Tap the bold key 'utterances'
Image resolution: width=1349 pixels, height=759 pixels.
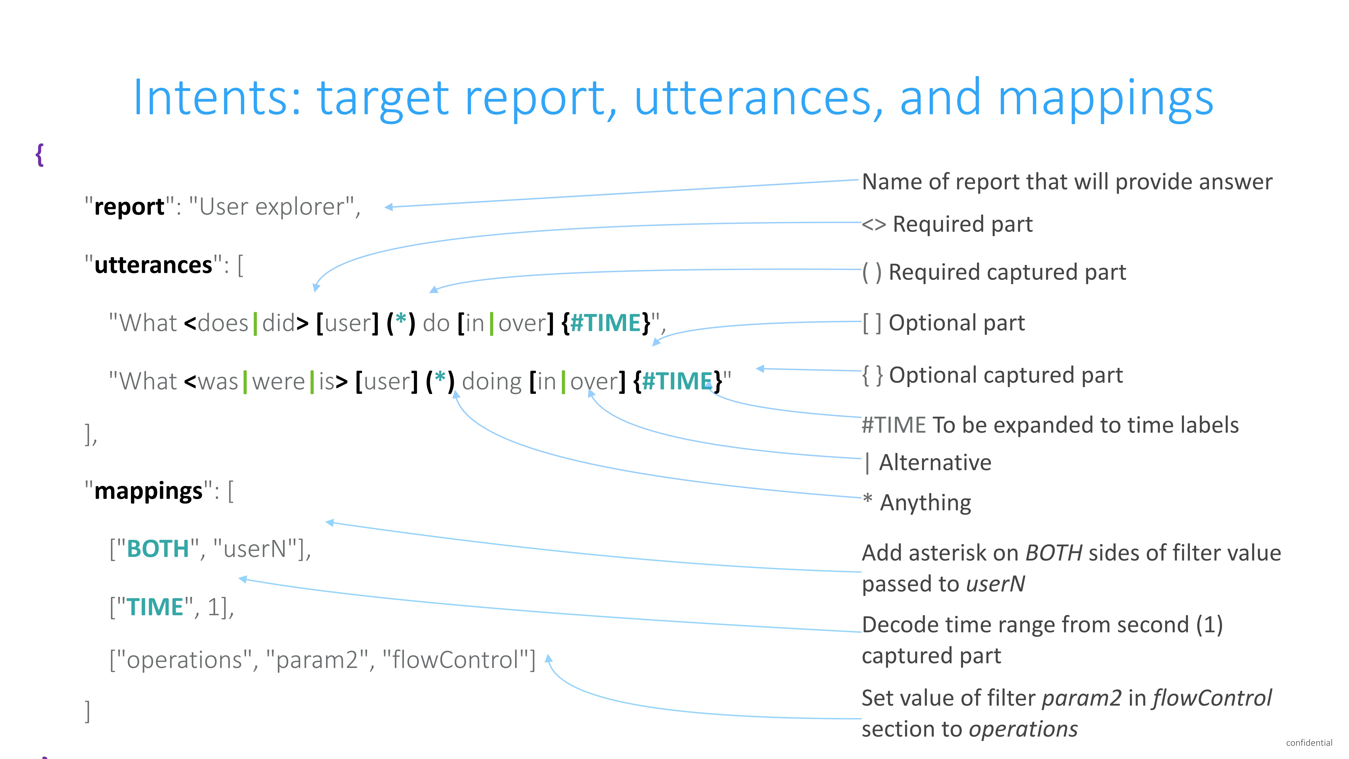153,265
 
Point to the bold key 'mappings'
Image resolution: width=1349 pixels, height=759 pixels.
148,491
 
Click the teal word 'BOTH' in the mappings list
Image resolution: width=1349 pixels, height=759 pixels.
158,549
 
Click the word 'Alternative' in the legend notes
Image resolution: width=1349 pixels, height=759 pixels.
935,462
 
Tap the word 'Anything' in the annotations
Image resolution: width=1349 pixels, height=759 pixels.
925,503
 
